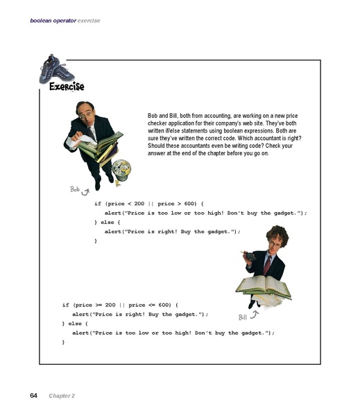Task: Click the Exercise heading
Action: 67,87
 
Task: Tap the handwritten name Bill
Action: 242,317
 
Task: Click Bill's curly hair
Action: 277,234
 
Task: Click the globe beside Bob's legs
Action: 121,169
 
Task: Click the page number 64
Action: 33,395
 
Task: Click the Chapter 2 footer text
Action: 62,396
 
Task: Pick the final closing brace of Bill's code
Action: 63,342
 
